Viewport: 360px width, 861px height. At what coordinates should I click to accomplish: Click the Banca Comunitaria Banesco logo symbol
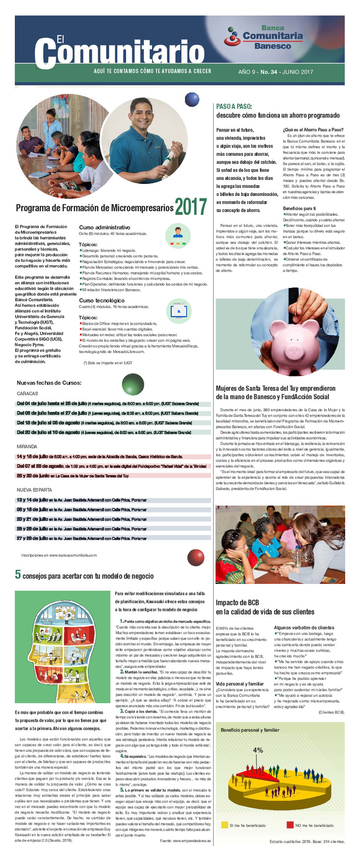pyautogui.click(x=232, y=36)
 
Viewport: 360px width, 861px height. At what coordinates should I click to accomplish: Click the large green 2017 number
pyautogui.click(x=191, y=207)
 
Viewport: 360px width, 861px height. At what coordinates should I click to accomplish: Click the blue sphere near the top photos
pyautogui.click(x=192, y=99)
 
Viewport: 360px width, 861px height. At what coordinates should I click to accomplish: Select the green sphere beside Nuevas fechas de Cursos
pyautogui.click(x=133, y=384)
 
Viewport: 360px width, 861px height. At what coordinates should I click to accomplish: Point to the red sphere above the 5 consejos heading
pyautogui.click(x=195, y=557)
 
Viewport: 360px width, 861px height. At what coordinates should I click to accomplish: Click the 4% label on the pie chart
pyautogui.click(x=258, y=750)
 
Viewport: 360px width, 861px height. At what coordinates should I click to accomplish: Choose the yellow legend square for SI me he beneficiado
pyautogui.click(x=225, y=825)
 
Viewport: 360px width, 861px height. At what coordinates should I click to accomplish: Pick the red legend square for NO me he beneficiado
pyautogui.click(x=290, y=825)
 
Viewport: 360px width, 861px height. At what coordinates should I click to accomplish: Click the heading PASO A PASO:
pyautogui.click(x=234, y=107)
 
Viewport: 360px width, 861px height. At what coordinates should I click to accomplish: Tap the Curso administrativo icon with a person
pyautogui.click(x=178, y=235)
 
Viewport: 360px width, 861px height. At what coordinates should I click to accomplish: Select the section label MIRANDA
pyautogui.click(x=26, y=447)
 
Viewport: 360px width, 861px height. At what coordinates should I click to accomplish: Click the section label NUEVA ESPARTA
pyautogui.click(x=34, y=490)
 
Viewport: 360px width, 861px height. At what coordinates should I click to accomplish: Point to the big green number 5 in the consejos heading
pyautogui.click(x=18, y=574)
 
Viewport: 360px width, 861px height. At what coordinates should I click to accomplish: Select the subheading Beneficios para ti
pyautogui.click(x=299, y=209)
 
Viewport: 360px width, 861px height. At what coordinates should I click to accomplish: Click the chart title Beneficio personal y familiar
pyautogui.click(x=250, y=730)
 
